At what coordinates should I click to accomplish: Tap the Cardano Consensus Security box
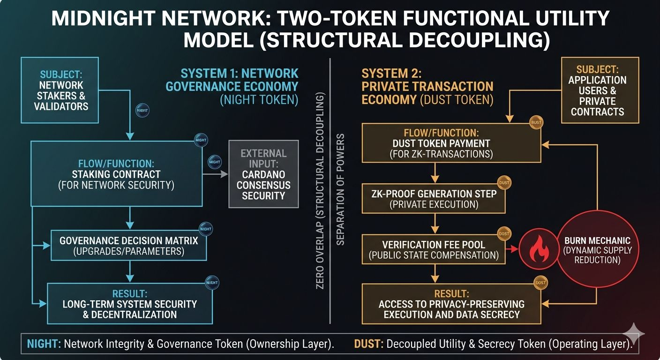point(263,174)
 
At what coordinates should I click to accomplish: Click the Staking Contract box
point(116,174)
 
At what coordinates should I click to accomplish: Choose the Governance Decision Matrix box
point(128,246)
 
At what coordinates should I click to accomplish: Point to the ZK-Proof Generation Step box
point(433,199)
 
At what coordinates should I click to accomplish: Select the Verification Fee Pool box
point(433,250)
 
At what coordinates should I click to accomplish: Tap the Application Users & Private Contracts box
point(600,90)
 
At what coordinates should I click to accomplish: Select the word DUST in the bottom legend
point(368,344)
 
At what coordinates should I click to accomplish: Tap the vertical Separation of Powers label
point(341,189)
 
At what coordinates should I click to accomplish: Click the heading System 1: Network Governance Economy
point(239,80)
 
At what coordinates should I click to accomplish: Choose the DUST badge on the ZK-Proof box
point(504,183)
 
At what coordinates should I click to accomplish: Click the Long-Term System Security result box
point(129,304)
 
